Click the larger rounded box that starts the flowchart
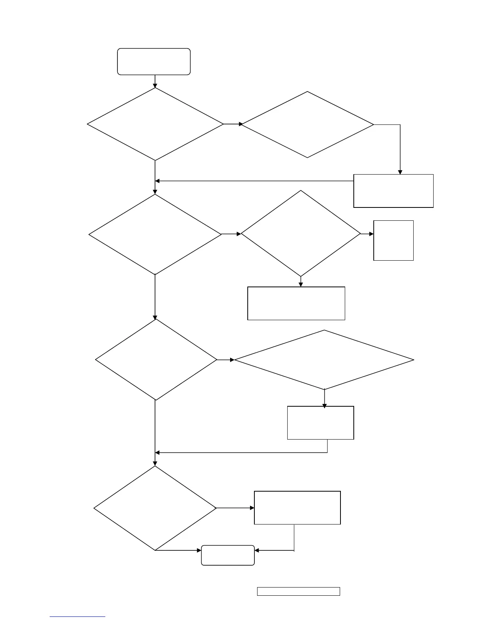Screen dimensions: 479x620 [154, 61]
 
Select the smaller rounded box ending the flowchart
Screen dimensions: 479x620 [228, 555]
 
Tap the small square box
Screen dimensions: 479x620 [393, 240]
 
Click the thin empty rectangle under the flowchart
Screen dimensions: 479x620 [298, 591]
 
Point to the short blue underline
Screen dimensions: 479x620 [77, 617]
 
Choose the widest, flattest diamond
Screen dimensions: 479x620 [324, 360]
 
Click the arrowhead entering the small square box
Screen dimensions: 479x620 [371, 234]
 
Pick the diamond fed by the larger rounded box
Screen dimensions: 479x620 [155, 124]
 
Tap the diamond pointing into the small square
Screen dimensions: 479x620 [301, 234]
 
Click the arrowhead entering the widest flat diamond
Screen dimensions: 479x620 [232, 360]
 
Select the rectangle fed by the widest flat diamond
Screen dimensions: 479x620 [321, 423]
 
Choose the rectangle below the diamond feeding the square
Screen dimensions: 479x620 [296, 303]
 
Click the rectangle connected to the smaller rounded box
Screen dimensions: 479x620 [297, 508]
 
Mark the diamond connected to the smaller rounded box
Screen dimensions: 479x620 [155, 508]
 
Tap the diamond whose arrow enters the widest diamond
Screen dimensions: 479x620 [156, 360]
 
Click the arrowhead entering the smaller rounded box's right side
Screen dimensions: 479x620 [257, 550]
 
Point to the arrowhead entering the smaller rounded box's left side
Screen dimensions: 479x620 [199, 550]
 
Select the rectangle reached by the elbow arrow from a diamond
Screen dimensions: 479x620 [393, 191]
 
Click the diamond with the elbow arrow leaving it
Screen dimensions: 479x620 [308, 124]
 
